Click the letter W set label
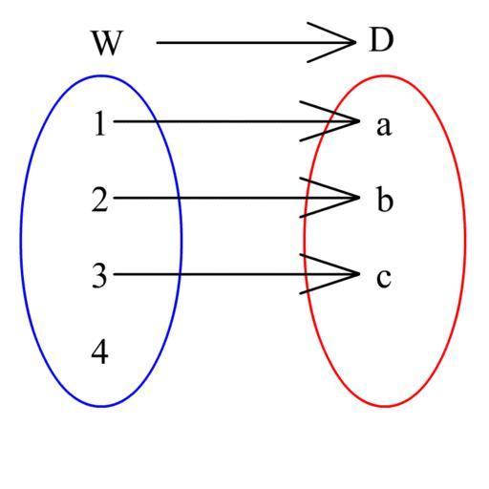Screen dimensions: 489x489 point(107,43)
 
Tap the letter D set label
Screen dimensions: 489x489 point(381,40)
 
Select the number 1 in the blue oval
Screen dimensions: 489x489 point(100,123)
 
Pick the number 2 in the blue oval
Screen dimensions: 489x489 point(99,200)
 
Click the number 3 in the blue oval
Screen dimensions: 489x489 point(99,276)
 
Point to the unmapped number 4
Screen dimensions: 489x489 point(99,351)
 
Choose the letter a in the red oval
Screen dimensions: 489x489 point(384,126)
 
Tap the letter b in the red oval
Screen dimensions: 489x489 point(385,200)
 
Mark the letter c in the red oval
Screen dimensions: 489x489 point(384,278)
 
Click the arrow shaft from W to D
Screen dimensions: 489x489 point(256,42)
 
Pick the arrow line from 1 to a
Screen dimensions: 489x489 point(237,121)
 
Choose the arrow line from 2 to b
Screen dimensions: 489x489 point(237,198)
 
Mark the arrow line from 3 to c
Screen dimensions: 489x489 point(237,274)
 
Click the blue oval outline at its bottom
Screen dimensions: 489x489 point(101,406)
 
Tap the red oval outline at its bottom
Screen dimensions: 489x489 point(385,406)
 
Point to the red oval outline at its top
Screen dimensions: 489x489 point(385,75)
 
